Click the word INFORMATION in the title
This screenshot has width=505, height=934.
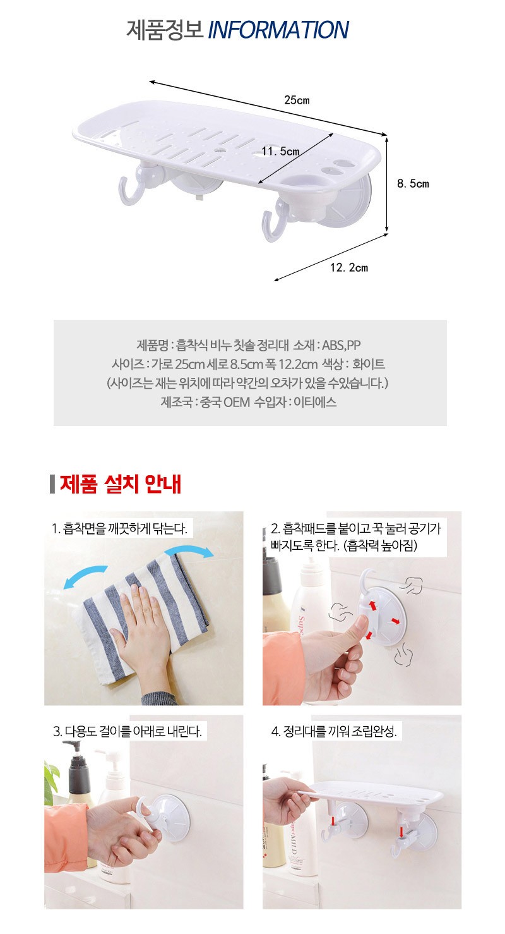tap(278, 30)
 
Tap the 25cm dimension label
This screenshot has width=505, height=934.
tap(297, 100)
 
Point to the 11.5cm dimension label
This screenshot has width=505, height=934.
tap(280, 151)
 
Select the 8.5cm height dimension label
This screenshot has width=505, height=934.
tap(412, 183)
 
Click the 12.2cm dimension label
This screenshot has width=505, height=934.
tap(348, 268)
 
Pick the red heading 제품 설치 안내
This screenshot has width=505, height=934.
tap(121, 485)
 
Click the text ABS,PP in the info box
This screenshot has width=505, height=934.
tap(341, 345)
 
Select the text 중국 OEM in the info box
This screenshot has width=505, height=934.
tap(225, 403)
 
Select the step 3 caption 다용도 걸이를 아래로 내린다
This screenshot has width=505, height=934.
tap(128, 731)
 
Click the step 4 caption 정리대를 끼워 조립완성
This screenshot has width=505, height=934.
tap(334, 731)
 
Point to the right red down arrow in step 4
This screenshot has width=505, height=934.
tap(401, 832)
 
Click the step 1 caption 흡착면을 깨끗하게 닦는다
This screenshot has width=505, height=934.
tap(119, 529)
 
